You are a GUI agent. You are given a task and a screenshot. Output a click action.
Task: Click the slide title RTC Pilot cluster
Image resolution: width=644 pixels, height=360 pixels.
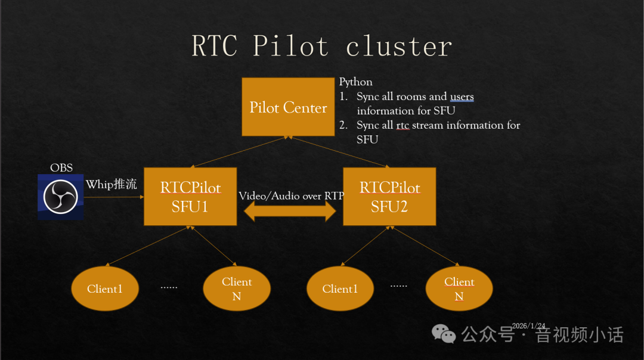(321, 46)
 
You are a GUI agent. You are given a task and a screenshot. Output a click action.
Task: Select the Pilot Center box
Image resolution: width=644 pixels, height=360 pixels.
(288, 107)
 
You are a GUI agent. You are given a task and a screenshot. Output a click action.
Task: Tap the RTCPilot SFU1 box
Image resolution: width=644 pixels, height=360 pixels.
(190, 197)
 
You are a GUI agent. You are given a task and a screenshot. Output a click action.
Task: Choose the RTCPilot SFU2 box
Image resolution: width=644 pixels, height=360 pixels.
(389, 197)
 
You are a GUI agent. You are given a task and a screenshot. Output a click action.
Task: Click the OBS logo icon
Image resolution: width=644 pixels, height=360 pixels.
(60, 197)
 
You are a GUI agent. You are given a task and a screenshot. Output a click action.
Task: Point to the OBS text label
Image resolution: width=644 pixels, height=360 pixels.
(61, 167)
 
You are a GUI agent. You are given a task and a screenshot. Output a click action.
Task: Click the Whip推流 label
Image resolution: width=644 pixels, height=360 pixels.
(112, 184)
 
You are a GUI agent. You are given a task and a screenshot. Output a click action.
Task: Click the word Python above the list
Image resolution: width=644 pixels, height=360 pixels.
(356, 82)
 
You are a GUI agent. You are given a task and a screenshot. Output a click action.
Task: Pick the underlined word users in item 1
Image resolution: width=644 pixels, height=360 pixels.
(462, 97)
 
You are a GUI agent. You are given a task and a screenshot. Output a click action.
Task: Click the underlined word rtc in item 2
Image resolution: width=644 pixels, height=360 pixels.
(402, 125)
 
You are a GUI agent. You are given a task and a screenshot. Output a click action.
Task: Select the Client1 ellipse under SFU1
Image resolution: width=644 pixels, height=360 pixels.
(105, 289)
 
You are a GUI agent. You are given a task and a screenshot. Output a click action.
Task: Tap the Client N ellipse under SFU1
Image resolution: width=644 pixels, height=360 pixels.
(237, 289)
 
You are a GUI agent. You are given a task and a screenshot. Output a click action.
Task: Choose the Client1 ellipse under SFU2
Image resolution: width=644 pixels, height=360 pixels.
(340, 289)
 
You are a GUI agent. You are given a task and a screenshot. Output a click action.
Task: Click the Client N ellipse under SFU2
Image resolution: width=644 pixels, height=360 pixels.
(459, 289)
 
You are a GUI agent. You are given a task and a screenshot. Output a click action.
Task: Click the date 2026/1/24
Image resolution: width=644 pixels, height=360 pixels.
(528, 325)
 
